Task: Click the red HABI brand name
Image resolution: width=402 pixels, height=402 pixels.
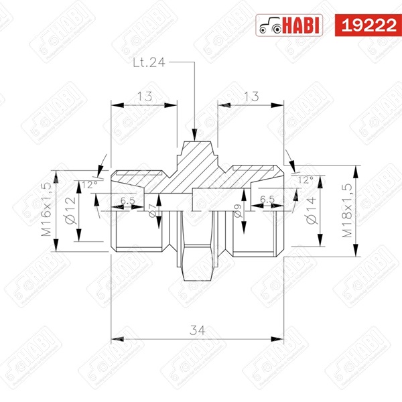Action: click(x=301, y=25)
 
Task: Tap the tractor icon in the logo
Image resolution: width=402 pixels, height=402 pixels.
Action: click(x=270, y=26)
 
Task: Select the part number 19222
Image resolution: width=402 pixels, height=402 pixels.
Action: click(x=368, y=25)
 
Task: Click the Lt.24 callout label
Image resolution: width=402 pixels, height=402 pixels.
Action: click(x=149, y=62)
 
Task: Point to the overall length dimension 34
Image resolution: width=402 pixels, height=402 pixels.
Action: click(x=198, y=330)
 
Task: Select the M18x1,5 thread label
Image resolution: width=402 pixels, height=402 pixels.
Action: click(x=347, y=210)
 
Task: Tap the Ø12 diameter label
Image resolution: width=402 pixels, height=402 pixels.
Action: click(x=70, y=210)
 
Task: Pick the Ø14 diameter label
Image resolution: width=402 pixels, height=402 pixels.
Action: click(x=312, y=211)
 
